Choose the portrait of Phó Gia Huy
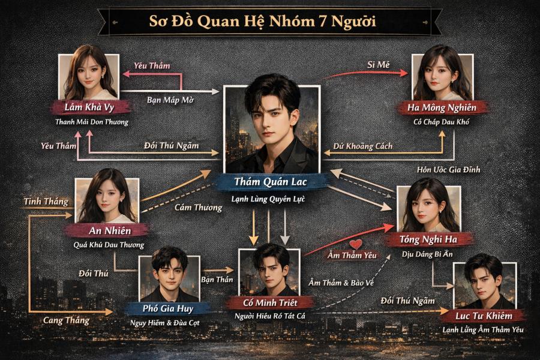point(169,276)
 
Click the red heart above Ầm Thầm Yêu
point(356,244)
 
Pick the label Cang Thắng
point(66,320)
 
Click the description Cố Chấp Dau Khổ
point(442,122)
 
